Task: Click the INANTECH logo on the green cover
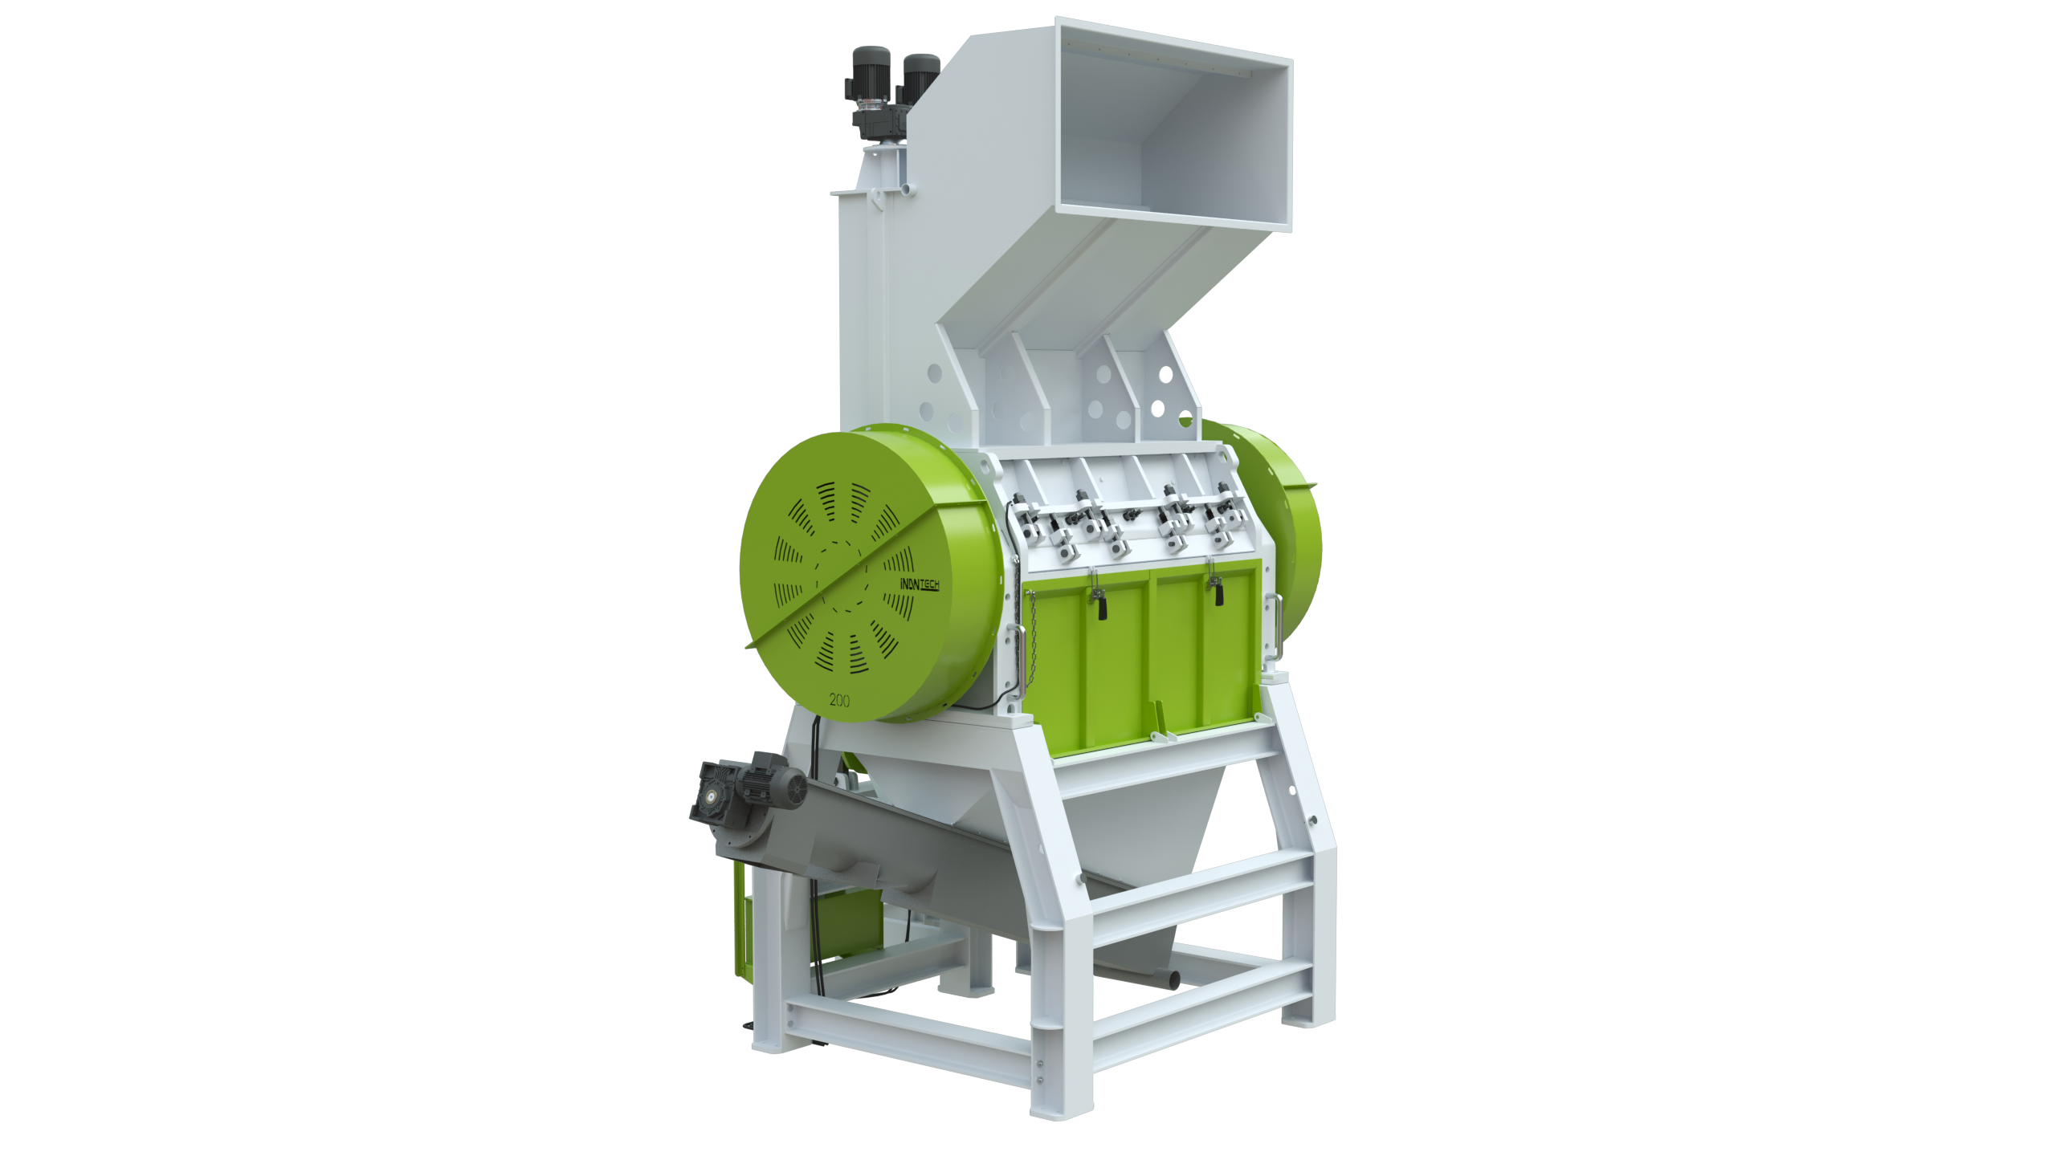click(x=920, y=584)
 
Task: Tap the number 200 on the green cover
click(x=839, y=700)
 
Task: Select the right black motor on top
click(x=920, y=77)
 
